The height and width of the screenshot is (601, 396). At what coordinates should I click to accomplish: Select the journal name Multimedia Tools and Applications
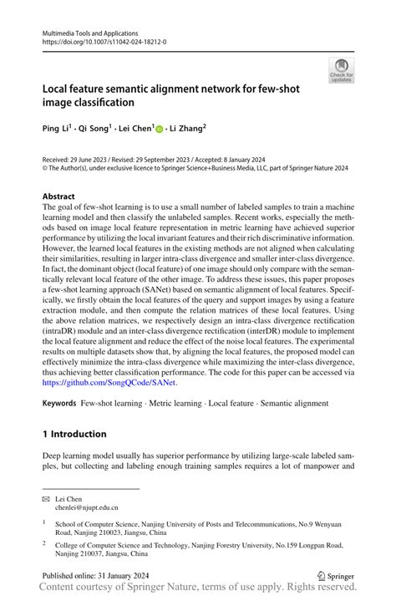click(93, 30)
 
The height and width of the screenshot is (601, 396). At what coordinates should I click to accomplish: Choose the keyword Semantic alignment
click(295, 404)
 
